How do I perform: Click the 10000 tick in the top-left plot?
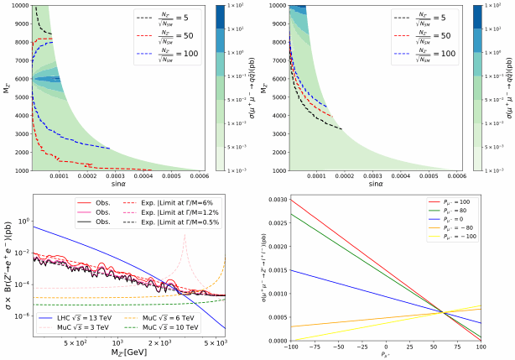[x=18, y=7]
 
